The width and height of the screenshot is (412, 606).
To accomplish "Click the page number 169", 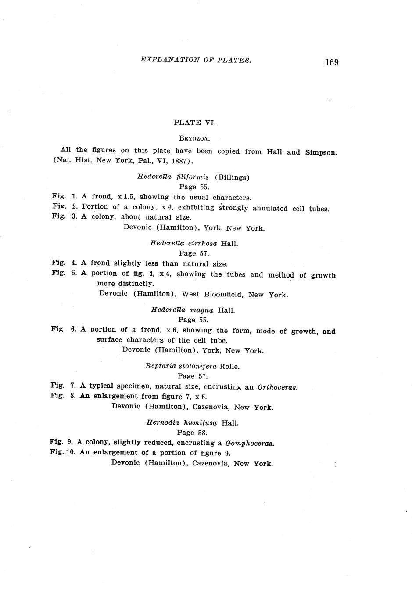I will (x=332, y=62).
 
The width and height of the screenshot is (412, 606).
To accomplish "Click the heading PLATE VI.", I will (x=195, y=123).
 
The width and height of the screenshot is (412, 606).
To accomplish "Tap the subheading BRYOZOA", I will (x=194, y=138).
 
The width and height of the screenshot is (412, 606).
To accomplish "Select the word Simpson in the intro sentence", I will (x=321, y=152).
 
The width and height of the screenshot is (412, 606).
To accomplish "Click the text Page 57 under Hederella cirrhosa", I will (x=194, y=253).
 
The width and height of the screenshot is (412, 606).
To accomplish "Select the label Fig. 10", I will (x=63, y=452).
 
